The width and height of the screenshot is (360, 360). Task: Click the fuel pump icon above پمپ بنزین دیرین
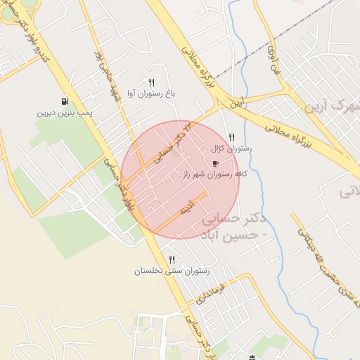(x=65, y=101)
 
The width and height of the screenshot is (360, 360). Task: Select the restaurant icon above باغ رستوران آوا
(x=151, y=82)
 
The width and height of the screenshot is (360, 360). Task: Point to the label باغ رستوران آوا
(x=151, y=93)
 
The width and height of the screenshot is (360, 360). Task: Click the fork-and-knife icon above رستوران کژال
(x=232, y=138)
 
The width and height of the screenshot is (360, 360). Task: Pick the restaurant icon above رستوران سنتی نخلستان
(x=172, y=259)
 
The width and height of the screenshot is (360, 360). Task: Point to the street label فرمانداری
(x=210, y=291)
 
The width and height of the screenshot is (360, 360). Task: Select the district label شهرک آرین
(x=330, y=107)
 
